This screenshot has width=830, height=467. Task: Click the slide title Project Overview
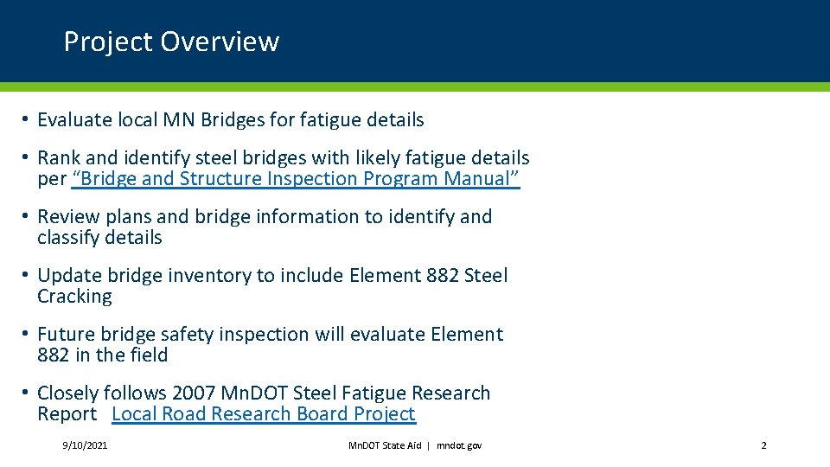[171, 42]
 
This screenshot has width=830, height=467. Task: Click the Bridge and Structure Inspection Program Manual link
[296, 179]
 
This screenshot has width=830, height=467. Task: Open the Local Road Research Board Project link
[264, 414]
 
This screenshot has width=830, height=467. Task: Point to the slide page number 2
[763, 445]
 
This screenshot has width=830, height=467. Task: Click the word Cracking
[74, 297]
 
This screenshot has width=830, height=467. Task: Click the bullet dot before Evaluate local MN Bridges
[28, 119]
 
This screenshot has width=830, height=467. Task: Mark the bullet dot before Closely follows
[28, 393]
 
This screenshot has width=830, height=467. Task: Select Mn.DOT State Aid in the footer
[384, 445]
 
